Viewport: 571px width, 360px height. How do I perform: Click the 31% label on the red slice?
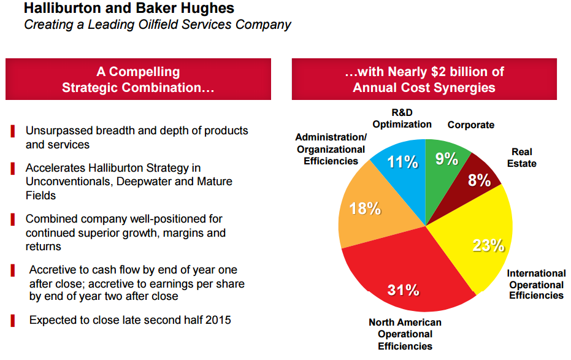(403, 289)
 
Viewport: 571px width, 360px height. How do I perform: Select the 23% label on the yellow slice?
(488, 245)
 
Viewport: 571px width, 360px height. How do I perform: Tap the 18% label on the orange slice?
(365, 209)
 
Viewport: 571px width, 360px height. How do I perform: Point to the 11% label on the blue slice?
(402, 163)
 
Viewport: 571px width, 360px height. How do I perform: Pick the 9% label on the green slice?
(446, 159)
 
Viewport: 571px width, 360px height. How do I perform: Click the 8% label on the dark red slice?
(479, 180)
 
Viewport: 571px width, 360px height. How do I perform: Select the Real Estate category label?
(523, 158)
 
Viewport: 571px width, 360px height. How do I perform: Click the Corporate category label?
(470, 125)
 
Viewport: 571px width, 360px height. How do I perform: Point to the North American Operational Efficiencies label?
(405, 334)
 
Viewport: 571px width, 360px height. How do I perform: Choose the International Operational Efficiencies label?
(536, 285)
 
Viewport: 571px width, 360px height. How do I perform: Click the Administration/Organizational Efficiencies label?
(331, 149)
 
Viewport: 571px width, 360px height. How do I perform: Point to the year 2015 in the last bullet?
(218, 320)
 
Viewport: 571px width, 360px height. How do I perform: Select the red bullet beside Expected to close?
(13, 320)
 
